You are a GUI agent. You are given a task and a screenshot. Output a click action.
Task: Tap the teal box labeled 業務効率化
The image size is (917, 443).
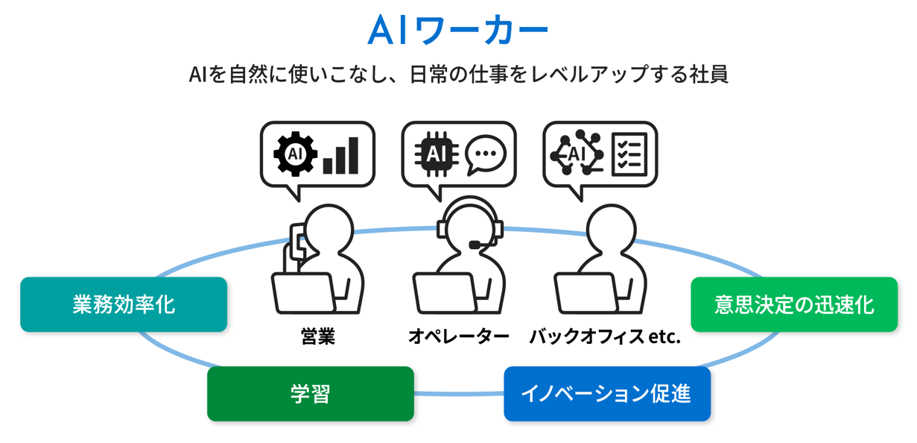(x=124, y=304)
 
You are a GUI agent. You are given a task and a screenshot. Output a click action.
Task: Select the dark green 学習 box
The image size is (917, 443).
(x=310, y=393)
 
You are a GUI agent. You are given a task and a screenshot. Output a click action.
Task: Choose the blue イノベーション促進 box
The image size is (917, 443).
(x=606, y=393)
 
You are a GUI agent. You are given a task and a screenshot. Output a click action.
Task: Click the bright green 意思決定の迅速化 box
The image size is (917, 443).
(x=793, y=304)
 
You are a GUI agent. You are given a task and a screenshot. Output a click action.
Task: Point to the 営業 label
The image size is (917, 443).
(x=318, y=336)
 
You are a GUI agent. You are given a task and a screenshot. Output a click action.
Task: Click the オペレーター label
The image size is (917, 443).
(x=458, y=336)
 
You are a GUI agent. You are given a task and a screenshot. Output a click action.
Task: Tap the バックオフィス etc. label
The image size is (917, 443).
(x=605, y=336)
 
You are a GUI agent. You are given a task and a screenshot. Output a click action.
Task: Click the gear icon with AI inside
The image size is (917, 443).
(x=295, y=154)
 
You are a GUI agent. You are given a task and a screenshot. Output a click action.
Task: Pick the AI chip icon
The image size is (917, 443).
(x=434, y=154)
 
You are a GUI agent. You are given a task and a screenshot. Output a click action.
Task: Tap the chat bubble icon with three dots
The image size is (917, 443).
(x=485, y=154)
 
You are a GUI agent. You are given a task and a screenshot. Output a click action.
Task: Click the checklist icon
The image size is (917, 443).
(x=629, y=154)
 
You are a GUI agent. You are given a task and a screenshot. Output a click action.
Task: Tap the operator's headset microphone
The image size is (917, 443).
(x=475, y=244)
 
